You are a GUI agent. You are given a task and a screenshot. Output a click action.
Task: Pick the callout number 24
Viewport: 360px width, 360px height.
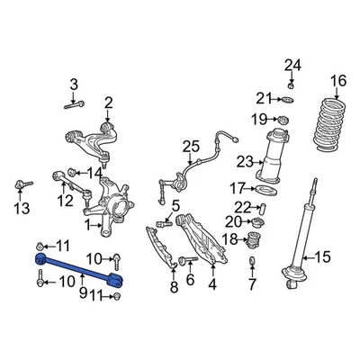(x=290, y=63)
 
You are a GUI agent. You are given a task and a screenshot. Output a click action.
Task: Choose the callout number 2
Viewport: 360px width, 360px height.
(x=108, y=102)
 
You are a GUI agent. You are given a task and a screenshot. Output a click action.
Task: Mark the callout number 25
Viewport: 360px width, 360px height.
(x=189, y=146)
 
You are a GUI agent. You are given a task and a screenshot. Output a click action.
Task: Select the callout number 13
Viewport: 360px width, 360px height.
(x=21, y=209)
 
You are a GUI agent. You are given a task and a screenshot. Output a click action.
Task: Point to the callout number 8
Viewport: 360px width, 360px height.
(x=175, y=288)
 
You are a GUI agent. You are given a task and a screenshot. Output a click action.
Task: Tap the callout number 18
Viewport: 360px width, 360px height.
(x=229, y=238)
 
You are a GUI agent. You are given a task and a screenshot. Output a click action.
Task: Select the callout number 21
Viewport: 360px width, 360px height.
(x=262, y=98)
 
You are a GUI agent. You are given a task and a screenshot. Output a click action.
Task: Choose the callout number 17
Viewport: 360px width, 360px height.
(x=237, y=188)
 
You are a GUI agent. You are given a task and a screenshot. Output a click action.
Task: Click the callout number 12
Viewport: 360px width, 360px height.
(x=65, y=200)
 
